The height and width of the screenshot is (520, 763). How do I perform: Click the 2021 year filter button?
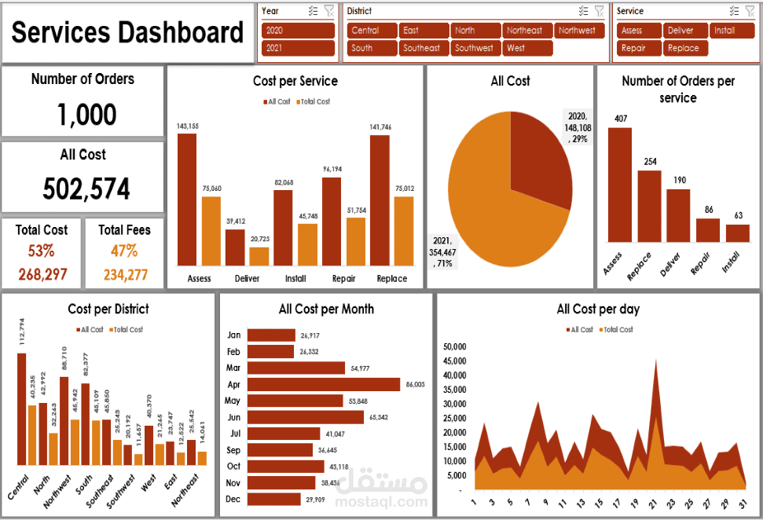point(298,48)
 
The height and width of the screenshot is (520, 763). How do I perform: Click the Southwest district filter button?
point(475,48)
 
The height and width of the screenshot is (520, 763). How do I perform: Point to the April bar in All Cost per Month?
point(324,384)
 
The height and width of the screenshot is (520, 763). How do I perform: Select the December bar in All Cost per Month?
point(273,499)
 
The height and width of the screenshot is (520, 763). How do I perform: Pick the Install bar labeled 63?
point(737,233)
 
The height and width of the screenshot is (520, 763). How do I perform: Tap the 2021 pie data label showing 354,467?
point(443,252)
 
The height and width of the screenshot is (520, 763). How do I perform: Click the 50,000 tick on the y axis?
point(456,346)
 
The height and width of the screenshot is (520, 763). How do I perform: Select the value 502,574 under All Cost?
point(86,189)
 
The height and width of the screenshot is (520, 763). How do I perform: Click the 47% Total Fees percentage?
point(124,251)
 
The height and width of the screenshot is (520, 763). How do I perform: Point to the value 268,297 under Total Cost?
point(42,275)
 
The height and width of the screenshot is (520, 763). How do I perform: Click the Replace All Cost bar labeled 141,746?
point(380,200)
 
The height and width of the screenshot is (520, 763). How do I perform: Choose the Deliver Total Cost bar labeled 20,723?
point(259,256)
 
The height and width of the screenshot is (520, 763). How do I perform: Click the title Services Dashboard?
point(127,33)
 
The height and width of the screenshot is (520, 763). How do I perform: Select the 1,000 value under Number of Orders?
point(86,115)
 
